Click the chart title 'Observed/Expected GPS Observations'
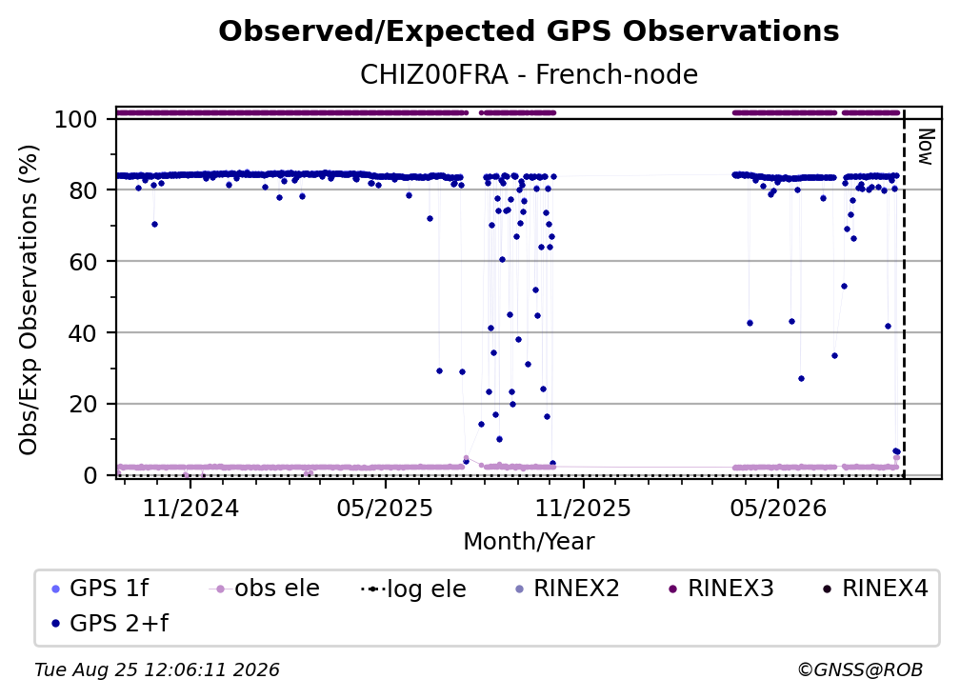click(529, 31)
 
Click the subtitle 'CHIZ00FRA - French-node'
click(529, 74)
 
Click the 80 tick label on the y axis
click(83, 190)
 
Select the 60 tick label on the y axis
click(83, 261)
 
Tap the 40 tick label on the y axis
click(83, 333)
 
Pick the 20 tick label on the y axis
click(83, 404)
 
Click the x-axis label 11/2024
click(190, 508)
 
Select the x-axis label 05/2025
click(385, 508)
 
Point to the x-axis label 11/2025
click(583, 508)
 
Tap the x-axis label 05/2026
click(777, 508)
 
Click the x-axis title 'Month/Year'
click(529, 542)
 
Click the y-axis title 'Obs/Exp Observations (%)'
click(29, 299)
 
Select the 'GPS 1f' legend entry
click(100, 589)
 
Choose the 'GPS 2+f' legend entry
click(110, 624)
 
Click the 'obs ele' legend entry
click(265, 589)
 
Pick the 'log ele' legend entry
click(414, 589)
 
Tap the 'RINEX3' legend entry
click(720, 589)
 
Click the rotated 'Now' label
click(925, 147)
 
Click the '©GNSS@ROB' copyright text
click(860, 670)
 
